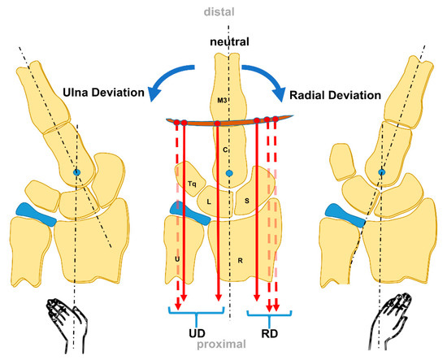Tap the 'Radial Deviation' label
334,93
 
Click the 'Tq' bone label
192,184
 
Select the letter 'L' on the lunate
209,200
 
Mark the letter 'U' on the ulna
177,258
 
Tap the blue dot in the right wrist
382,172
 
